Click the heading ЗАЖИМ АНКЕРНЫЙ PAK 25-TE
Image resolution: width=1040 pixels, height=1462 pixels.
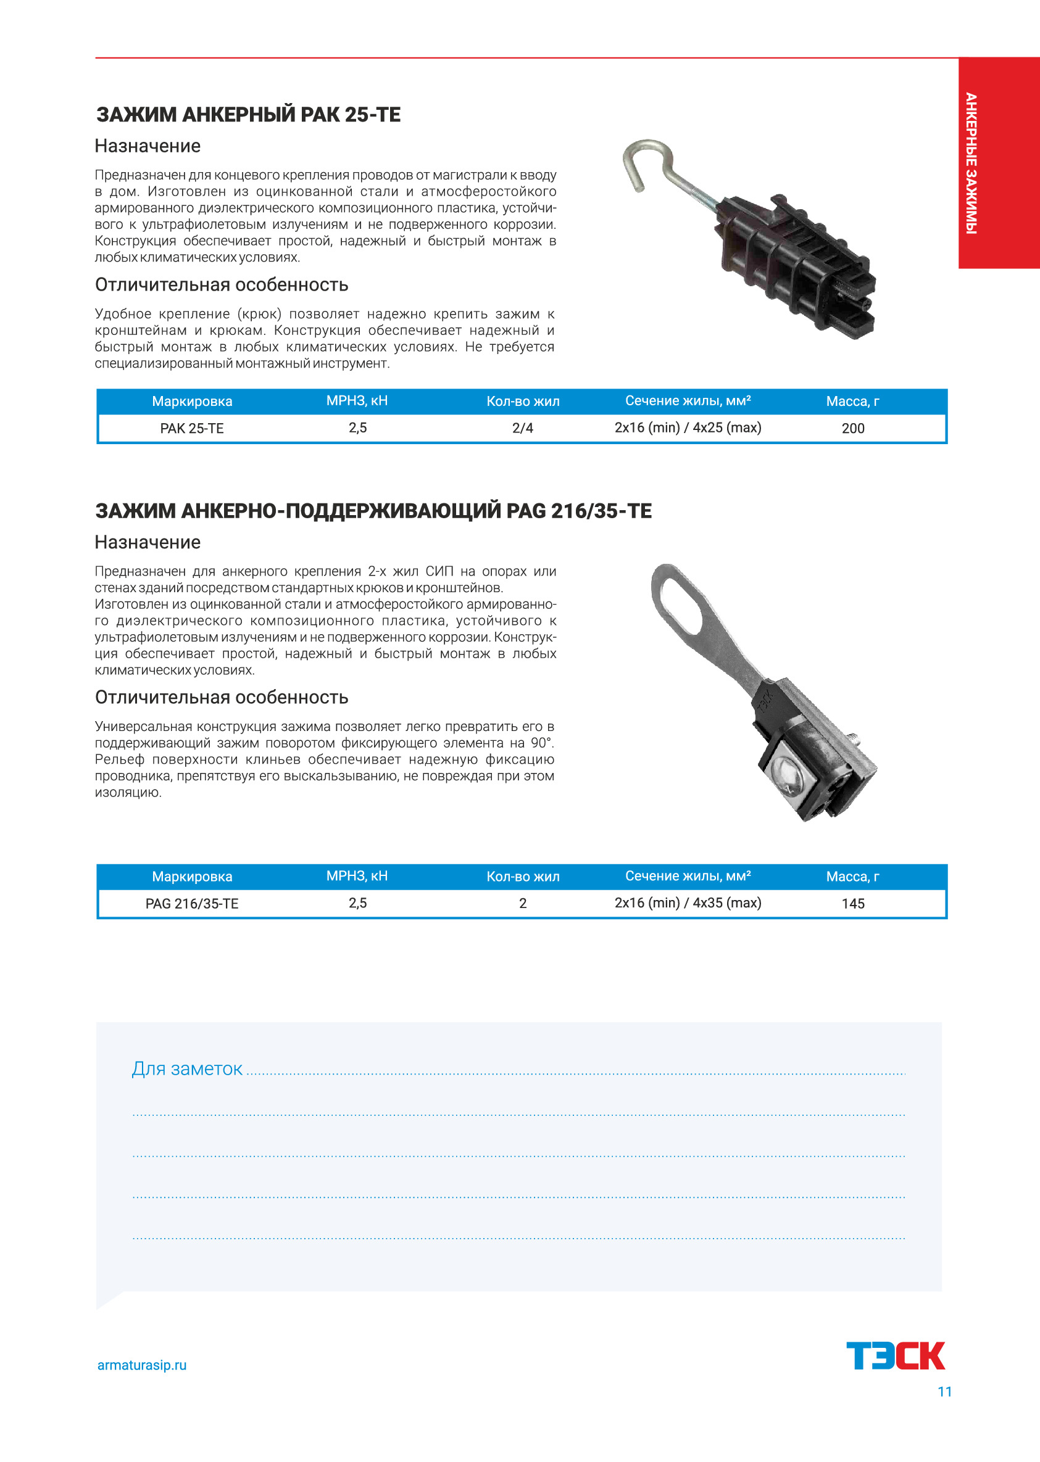click(249, 115)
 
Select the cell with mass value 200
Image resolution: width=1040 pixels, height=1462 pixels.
click(852, 428)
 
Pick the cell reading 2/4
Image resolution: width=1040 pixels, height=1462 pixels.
click(523, 428)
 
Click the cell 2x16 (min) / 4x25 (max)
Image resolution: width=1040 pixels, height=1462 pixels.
click(688, 427)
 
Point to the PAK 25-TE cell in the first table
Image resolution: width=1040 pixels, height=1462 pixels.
click(191, 428)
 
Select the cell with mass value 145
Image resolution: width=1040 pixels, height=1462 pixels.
click(852, 903)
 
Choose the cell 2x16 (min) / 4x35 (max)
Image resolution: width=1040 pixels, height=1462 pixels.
click(688, 902)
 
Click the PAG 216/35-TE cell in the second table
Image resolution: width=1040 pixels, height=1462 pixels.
click(191, 903)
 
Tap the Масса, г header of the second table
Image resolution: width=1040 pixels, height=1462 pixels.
click(852, 877)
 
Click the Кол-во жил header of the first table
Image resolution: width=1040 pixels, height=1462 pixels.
click(523, 402)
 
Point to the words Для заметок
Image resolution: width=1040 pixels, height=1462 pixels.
click(187, 1068)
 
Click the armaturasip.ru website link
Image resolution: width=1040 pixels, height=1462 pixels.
click(141, 1365)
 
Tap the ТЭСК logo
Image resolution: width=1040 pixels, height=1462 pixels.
click(896, 1355)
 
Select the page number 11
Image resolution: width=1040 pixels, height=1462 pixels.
click(944, 1392)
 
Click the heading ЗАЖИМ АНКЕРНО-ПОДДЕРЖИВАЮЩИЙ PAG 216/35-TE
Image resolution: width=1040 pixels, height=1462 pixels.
click(373, 511)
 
